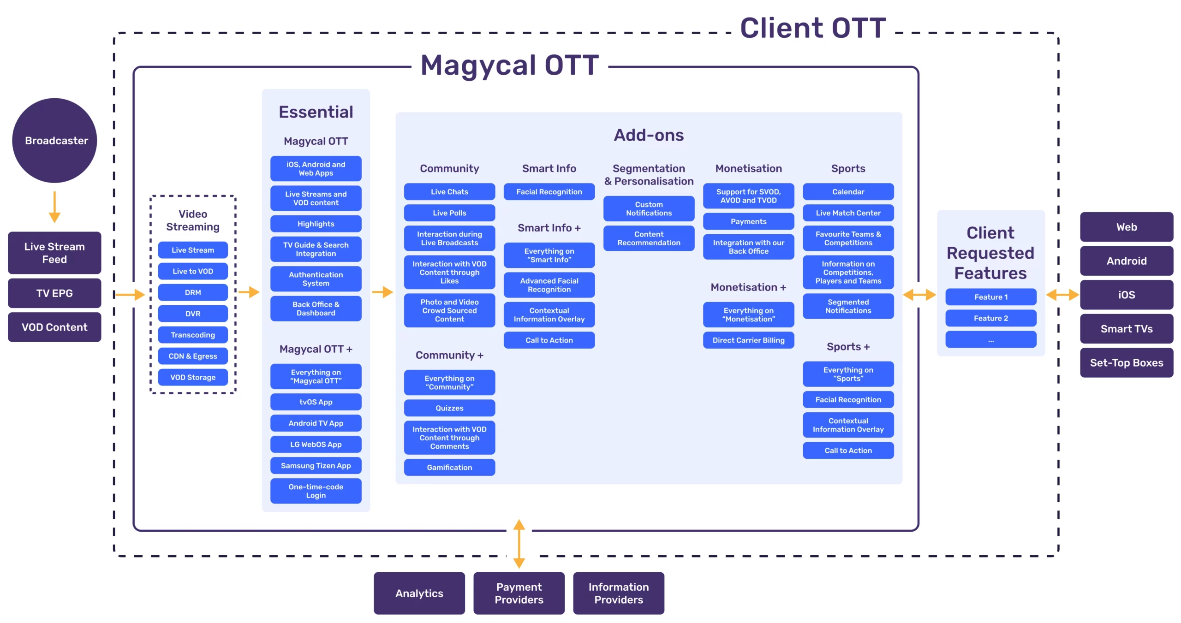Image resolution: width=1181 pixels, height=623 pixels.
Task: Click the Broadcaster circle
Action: [x=54, y=140]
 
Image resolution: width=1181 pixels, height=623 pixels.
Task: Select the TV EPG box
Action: [x=54, y=293]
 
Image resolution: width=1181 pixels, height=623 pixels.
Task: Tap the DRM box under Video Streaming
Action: [x=193, y=292]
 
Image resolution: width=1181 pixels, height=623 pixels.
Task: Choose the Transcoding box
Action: [x=193, y=335]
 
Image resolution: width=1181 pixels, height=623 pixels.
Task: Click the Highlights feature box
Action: [x=316, y=224]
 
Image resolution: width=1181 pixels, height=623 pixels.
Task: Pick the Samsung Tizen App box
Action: [x=316, y=465]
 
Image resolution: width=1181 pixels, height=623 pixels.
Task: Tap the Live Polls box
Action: [x=449, y=213]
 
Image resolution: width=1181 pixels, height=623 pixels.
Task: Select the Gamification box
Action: [x=449, y=467]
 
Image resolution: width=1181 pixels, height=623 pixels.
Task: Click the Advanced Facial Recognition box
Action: [x=549, y=285]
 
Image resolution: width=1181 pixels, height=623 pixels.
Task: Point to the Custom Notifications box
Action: [x=649, y=208]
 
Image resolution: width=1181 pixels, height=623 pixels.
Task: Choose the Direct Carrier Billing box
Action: [x=748, y=340]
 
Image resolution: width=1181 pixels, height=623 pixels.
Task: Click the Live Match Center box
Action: [x=848, y=213]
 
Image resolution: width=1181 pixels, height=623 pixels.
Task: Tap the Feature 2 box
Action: [x=991, y=318]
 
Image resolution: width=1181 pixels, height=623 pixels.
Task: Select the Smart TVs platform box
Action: [x=1127, y=329]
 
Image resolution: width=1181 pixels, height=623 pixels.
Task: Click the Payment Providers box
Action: [x=519, y=593]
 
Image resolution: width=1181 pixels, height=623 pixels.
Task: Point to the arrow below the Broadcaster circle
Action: [x=54, y=207]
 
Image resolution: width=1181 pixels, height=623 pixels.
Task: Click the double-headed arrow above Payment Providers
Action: [x=519, y=544]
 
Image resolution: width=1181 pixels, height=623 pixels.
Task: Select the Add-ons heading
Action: [x=649, y=135]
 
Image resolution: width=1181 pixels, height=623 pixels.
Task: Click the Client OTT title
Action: [x=813, y=28]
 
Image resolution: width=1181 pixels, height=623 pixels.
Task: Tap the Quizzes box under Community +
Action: [x=449, y=408]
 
